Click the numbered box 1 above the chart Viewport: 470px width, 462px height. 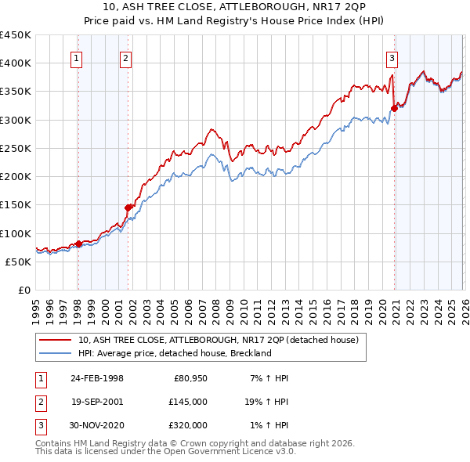(x=77, y=57)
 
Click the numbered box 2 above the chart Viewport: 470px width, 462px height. (x=125, y=57)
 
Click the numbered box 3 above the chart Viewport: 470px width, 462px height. (x=392, y=57)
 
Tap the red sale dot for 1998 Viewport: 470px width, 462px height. (x=78, y=244)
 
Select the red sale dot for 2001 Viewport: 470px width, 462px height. (x=128, y=208)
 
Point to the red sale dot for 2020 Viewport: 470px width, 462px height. (x=394, y=108)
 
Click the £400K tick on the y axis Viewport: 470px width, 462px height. (x=16, y=63)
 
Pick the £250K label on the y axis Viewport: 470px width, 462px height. (x=16, y=148)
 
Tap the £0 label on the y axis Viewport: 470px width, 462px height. (x=23, y=290)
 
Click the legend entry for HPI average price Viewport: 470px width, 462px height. (x=174, y=353)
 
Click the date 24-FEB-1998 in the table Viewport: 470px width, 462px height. (x=97, y=378)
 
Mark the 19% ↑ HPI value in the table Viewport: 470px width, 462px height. (x=266, y=402)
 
